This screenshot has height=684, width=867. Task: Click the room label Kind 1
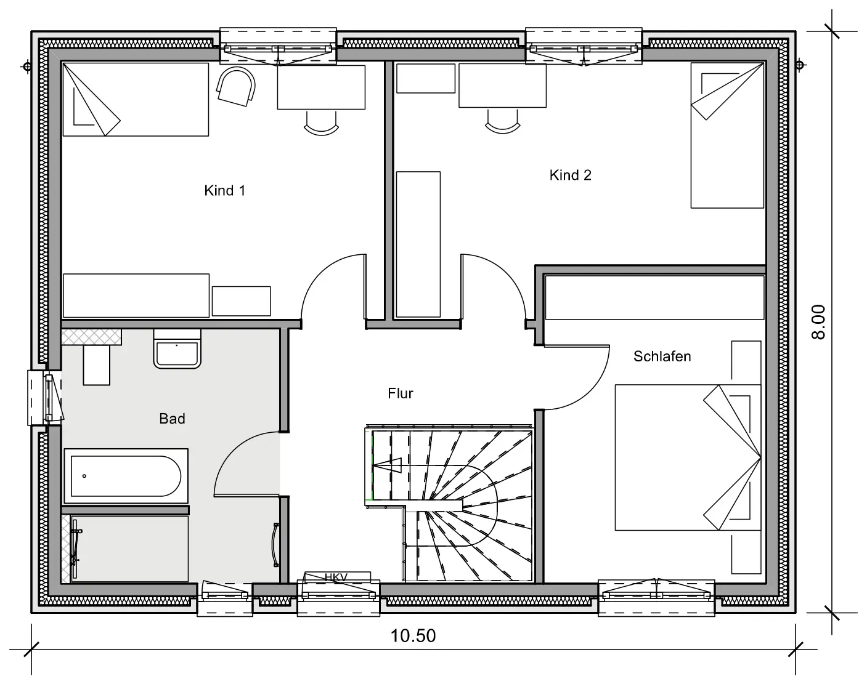tap(224, 190)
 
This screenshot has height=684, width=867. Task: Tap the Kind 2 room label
tap(570, 175)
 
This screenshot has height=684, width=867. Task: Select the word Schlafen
tap(662, 356)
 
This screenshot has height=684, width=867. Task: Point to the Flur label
tap(401, 393)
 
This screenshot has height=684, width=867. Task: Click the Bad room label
tap(172, 419)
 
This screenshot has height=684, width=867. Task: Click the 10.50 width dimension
tap(413, 636)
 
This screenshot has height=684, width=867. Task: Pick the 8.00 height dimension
tap(818, 322)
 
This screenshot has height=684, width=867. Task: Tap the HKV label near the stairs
tap(336, 577)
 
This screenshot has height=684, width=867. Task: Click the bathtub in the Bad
tap(126, 476)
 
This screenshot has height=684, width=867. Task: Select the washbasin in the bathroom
tap(177, 349)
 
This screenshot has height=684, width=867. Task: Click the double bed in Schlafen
tap(688, 457)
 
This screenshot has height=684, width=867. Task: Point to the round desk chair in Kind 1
tap(236, 87)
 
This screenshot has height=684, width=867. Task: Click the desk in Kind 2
tap(502, 86)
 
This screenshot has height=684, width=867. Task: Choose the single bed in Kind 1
tap(136, 99)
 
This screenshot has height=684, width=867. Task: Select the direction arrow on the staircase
tap(387, 465)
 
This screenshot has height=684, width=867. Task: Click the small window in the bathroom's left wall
tap(45, 398)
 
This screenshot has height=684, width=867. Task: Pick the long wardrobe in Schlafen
tap(654, 297)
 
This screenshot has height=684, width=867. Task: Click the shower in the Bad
tap(125, 549)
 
